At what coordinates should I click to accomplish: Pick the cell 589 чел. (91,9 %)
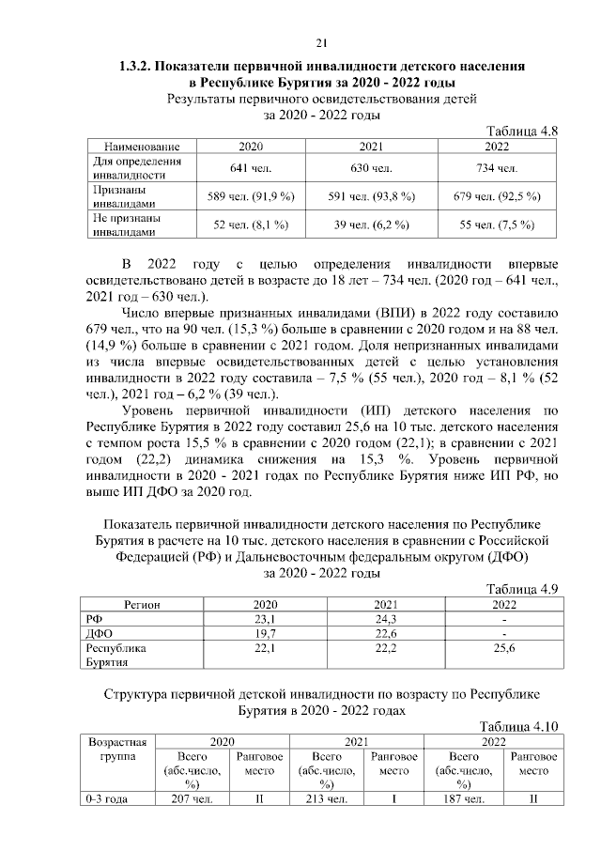[251, 196]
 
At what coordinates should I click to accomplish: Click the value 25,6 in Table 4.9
[504, 649]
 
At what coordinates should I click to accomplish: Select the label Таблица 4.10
[519, 726]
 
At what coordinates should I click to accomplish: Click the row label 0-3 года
[104, 799]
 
